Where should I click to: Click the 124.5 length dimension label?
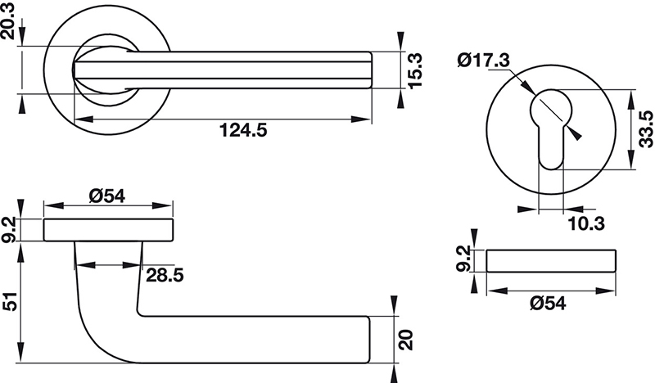pos(243,130)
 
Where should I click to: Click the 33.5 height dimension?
pos(644,131)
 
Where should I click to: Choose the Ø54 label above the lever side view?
pos(109,196)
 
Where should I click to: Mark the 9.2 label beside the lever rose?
pos(11,230)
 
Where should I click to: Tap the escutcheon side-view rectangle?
pos(551,260)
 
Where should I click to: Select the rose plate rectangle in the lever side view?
pos(108,231)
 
